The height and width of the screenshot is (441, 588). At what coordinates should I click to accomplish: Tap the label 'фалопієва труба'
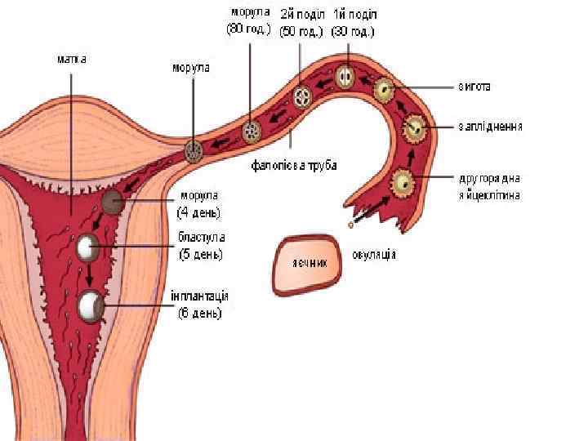[293, 165]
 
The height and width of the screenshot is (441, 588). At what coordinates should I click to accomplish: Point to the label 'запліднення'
[490, 127]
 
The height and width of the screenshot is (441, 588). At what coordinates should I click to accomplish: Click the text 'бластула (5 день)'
[200, 245]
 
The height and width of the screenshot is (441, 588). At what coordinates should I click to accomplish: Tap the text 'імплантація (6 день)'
[199, 303]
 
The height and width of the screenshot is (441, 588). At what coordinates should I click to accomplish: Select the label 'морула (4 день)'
[198, 203]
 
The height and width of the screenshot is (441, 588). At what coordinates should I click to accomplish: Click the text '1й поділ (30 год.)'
[353, 24]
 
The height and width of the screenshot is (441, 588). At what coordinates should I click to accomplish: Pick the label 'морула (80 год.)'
[248, 23]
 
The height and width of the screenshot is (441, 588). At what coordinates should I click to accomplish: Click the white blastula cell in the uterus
[87, 246]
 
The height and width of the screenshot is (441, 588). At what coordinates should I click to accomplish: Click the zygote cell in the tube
[384, 90]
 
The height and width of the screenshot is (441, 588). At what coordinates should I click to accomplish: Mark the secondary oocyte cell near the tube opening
[403, 182]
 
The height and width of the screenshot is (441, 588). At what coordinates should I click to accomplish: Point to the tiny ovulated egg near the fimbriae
[351, 222]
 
